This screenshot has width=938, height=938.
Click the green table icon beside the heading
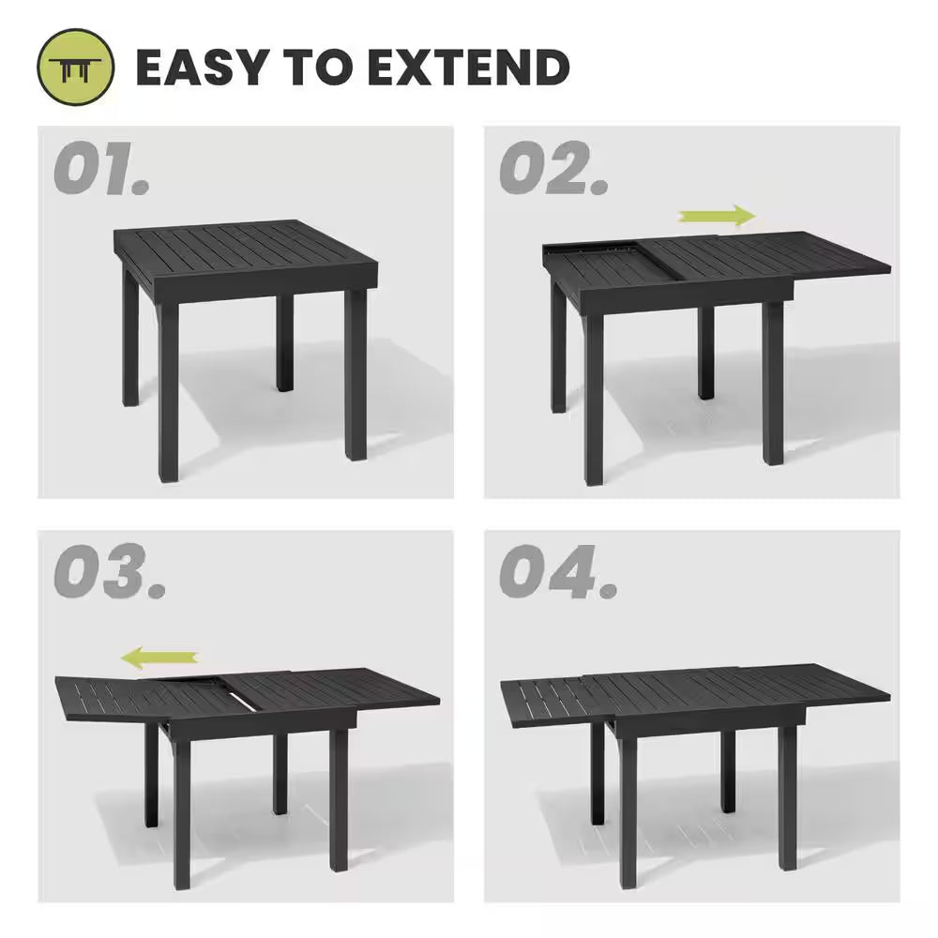(x=75, y=68)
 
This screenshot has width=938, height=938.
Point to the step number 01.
(x=100, y=171)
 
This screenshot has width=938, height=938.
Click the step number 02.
(x=553, y=171)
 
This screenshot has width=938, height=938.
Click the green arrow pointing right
(x=718, y=217)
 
